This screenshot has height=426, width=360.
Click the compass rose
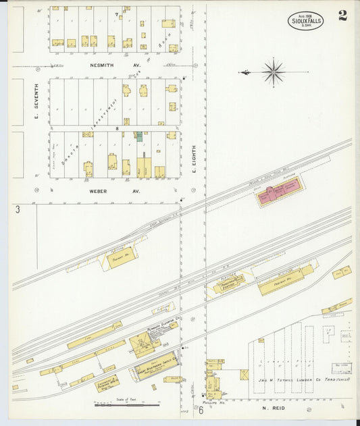pos(273,72)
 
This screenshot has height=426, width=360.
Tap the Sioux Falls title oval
pos(305,20)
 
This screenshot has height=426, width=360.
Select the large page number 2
pos(343,16)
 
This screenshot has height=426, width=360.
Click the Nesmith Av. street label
pos(105,65)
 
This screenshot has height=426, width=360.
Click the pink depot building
pos(279,193)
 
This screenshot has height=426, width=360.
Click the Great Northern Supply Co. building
pos(157,365)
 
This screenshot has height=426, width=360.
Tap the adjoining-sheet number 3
pos(18,210)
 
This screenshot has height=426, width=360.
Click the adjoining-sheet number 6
pos(201,409)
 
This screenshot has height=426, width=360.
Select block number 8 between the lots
pos(117,128)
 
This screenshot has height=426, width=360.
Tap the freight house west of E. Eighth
pos(121,257)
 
